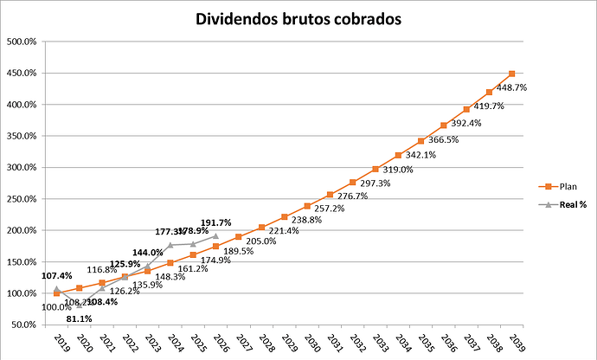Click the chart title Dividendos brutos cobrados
pyautogui.click(x=298, y=18)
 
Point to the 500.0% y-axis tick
pyautogui.click(x=31, y=42)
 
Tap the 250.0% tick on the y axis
pyautogui.click(x=31, y=199)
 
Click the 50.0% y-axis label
pyautogui.click(x=33, y=325)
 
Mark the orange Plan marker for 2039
pyautogui.click(x=512, y=74)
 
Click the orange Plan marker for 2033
pyautogui.click(x=376, y=169)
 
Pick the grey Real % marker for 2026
pyautogui.click(x=215, y=235)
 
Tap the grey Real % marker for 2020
pyautogui.click(x=79, y=305)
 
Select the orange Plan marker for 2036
pyautogui.click(x=444, y=125)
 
